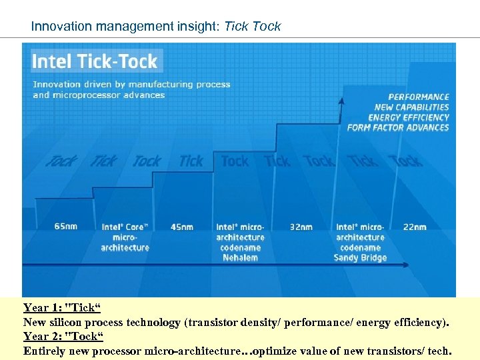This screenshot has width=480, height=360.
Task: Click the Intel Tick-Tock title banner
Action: pyautogui.click(x=95, y=61)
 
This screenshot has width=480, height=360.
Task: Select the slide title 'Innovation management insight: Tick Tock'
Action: pyautogui.click(x=156, y=27)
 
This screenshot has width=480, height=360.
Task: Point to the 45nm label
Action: pyautogui.click(x=182, y=227)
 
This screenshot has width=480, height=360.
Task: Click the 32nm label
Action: pyautogui.click(x=301, y=227)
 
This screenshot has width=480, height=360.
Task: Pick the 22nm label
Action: pyautogui.click(x=415, y=227)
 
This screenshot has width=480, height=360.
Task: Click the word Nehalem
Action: pyautogui.click(x=240, y=257)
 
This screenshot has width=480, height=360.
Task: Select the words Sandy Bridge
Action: pyautogui.click(x=360, y=257)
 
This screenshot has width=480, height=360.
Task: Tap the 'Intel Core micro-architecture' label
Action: pyautogui.click(x=125, y=237)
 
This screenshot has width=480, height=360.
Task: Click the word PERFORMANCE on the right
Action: pyautogui.click(x=419, y=97)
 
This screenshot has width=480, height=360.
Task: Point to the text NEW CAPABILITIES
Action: pyautogui.click(x=411, y=107)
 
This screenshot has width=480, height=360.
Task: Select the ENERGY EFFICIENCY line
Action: pyautogui.click(x=409, y=117)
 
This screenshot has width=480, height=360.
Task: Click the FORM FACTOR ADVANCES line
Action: pyautogui.click(x=398, y=127)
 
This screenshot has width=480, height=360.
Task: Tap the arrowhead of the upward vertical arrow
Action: pyautogui.click(x=342, y=101)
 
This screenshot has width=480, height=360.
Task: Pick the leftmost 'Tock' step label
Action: pyautogui.click(x=61, y=161)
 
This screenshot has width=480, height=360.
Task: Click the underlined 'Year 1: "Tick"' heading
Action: pyautogui.click(x=61, y=308)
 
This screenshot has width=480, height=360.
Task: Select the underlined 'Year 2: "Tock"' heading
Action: pyautogui.click(x=63, y=337)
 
